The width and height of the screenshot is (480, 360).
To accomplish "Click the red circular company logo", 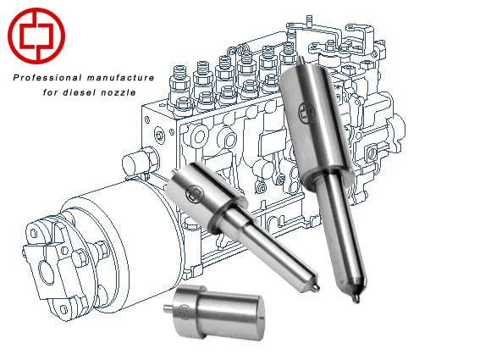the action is tap(36, 36).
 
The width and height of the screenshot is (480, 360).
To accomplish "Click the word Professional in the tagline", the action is tap(47, 78).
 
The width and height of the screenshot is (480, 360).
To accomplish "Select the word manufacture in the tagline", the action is tap(120, 78).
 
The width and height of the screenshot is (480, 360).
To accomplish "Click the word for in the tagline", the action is tap(50, 92).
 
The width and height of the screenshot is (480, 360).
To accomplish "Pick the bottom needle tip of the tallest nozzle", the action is tap(356, 298).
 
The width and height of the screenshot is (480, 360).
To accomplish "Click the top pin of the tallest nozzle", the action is tap(301, 60).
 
